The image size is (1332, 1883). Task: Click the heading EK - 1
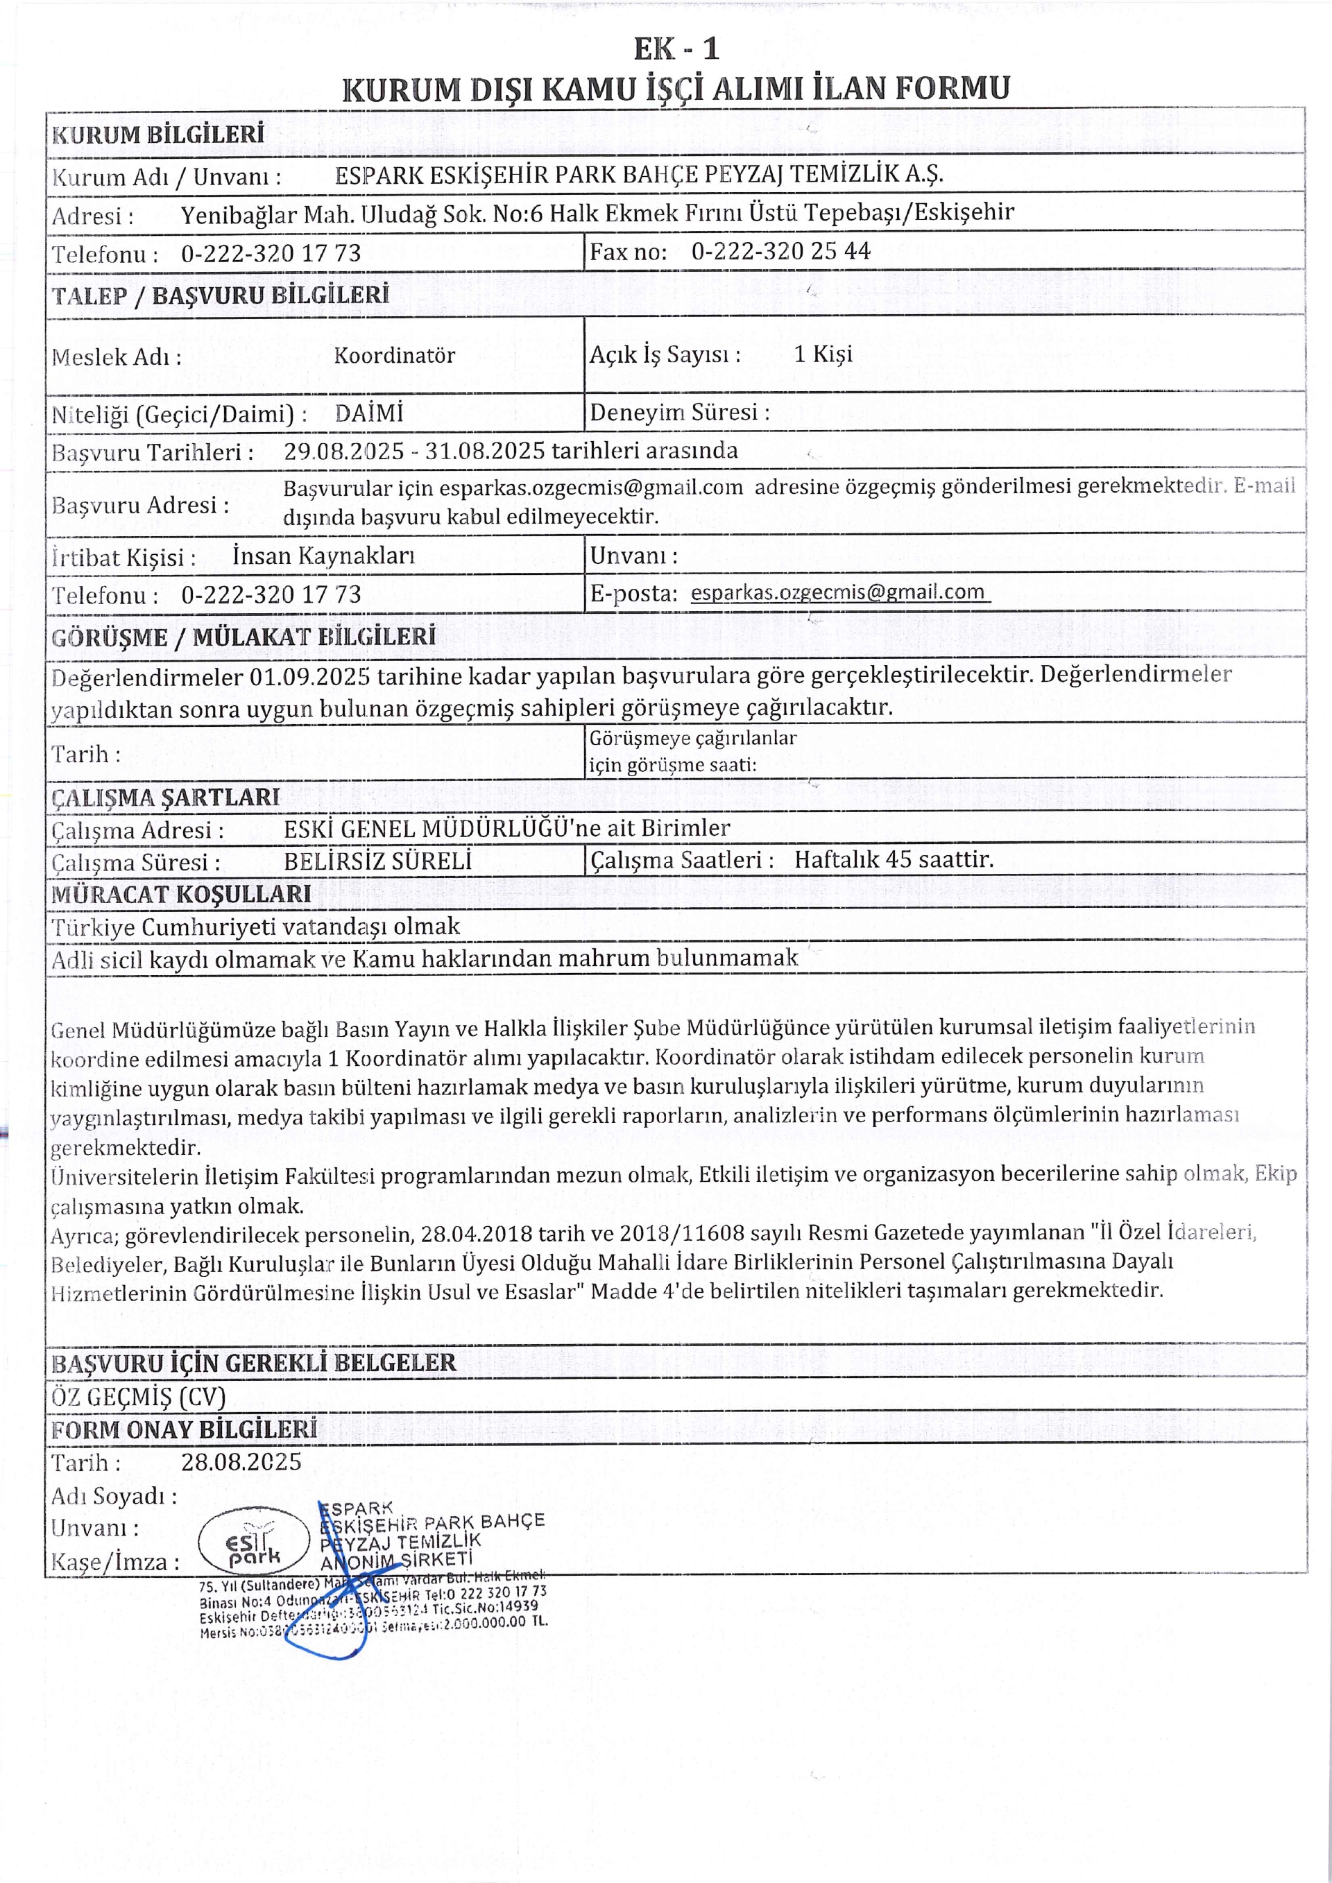[676, 49]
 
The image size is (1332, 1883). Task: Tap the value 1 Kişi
[823, 354]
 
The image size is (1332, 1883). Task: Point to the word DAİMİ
[368, 413]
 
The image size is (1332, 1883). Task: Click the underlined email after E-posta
[837, 592]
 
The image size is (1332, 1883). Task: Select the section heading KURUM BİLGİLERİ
[157, 135]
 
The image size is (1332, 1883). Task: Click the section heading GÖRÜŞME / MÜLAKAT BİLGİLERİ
[243, 637]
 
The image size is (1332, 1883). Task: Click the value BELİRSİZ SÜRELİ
[377, 861]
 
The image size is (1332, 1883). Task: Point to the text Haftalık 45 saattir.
[894, 859]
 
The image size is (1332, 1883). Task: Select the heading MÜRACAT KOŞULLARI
[180, 894]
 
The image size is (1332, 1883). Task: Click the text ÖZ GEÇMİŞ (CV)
[138, 1397]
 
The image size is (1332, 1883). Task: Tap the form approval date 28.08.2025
[241, 1461]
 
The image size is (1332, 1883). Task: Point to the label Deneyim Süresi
[679, 412]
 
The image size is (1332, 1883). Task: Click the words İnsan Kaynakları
[323, 556]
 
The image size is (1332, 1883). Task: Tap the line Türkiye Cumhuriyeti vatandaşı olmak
[255, 927]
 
